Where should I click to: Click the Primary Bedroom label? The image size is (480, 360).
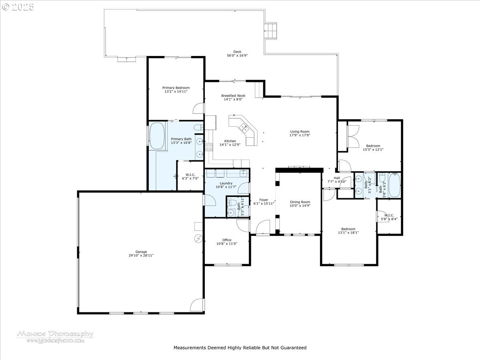click(176, 88)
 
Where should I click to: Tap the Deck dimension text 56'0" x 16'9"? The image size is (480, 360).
click(237, 56)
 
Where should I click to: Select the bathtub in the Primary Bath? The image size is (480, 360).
click(157, 136)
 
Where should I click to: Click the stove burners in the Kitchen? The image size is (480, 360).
click(209, 147)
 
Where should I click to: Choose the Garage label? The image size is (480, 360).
click(141, 252)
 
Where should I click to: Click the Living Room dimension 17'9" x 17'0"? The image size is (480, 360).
click(300, 135)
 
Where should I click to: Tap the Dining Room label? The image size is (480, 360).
click(300, 202)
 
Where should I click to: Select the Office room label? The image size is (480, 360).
click(227, 240)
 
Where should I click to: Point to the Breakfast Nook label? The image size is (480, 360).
click(233, 96)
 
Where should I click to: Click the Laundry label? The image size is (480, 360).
click(226, 183)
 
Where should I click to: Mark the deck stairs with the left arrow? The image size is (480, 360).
click(270, 31)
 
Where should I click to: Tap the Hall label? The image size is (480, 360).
click(337, 178)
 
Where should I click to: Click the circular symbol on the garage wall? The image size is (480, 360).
click(198, 238)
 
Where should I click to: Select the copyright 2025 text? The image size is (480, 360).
click(18, 7)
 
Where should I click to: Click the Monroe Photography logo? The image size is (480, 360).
click(56, 337)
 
